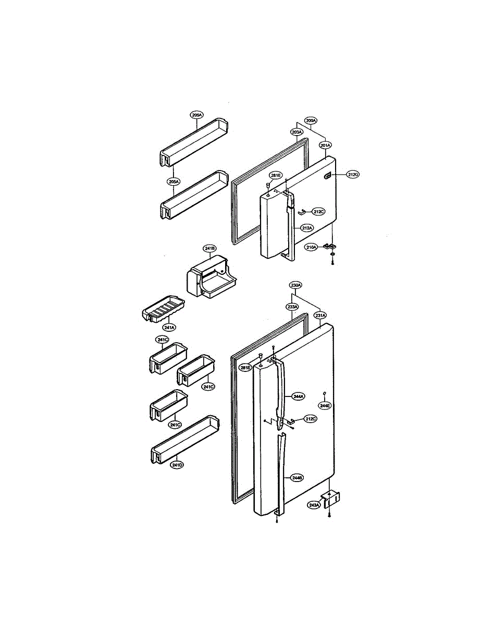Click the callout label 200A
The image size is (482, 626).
tap(311, 121)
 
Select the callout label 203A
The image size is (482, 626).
tap(296, 133)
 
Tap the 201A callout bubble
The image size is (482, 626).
tap(326, 145)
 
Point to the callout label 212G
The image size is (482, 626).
tap(353, 175)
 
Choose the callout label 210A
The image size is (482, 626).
tap(311, 247)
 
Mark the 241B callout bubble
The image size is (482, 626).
tap(210, 249)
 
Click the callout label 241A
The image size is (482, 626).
tap(169, 328)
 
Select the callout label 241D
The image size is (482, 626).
tap(177, 465)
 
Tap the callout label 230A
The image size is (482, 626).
tap(296, 285)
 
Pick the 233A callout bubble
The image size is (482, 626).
tap(292, 307)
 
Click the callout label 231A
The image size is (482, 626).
tap(320, 315)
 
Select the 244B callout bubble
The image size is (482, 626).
tap(298, 477)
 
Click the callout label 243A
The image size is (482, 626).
tap(314, 505)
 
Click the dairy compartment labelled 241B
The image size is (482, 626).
tap(211, 280)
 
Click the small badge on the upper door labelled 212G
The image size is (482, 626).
tap(327, 176)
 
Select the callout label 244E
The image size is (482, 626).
tap(325, 405)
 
